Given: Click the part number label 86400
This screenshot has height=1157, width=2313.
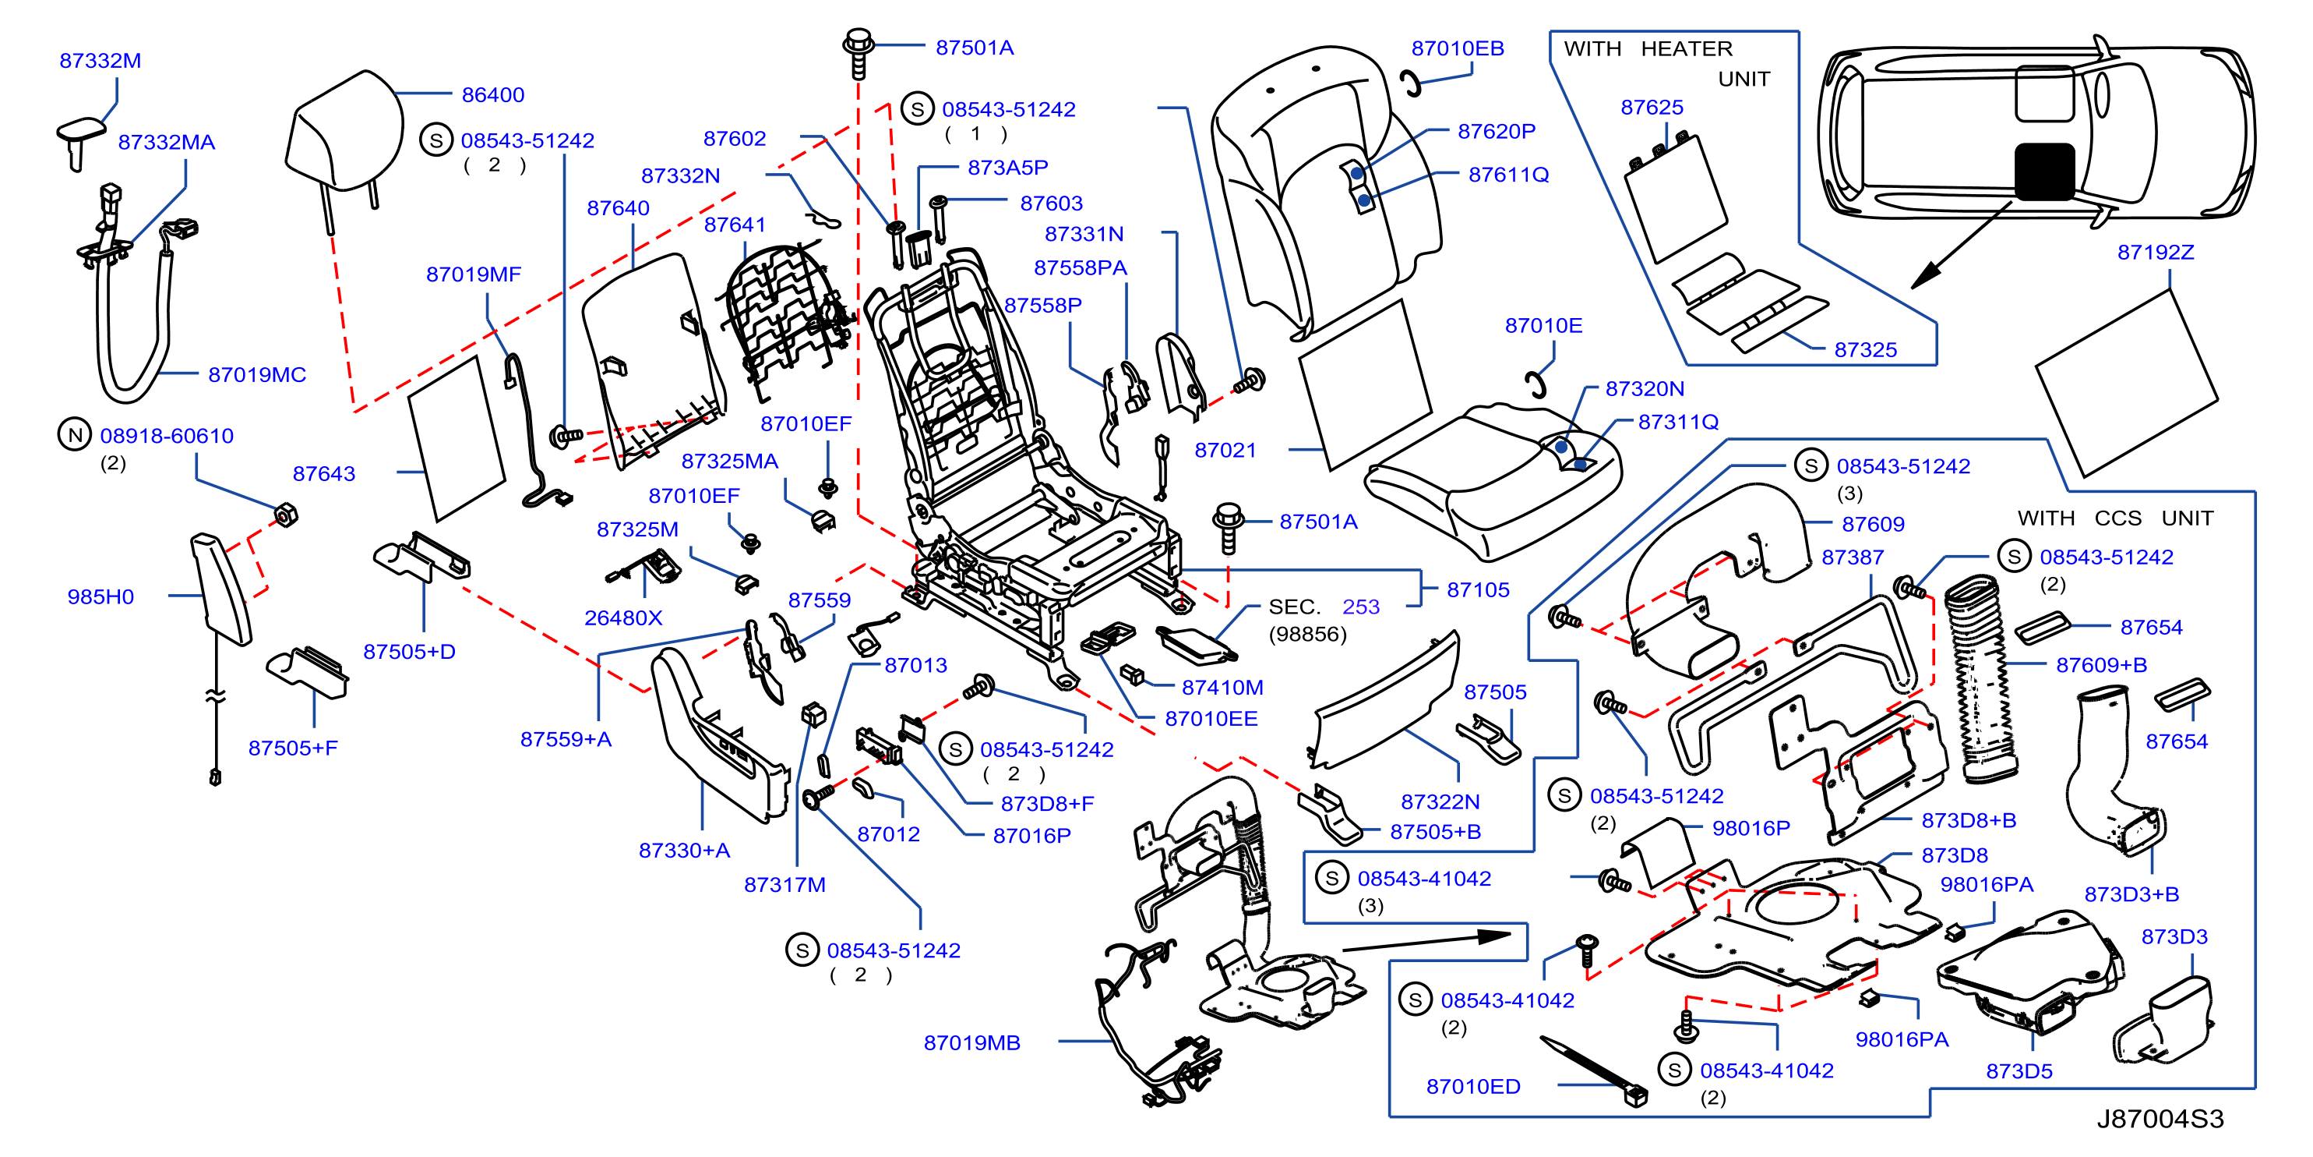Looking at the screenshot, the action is coord(493,94).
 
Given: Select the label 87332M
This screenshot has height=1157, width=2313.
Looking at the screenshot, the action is coord(100,60).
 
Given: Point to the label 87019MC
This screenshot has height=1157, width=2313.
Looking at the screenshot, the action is coord(257,374).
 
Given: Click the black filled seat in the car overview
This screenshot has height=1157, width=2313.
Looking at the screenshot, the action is coord(2044,171).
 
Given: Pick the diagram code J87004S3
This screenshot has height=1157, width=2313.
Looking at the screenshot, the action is coord(2160,1118).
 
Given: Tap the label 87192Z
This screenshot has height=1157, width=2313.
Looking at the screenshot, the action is coord(2155,253).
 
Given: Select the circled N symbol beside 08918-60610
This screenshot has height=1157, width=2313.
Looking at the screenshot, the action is coord(75,435).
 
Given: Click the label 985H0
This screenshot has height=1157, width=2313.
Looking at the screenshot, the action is coord(100,596).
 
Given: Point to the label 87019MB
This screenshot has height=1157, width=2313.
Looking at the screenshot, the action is coord(971,1043).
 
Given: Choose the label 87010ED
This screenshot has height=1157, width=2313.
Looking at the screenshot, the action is coord(1473,1086).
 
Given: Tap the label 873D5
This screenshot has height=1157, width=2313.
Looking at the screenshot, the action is coord(2019,1070).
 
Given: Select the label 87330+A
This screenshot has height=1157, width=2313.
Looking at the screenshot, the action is coord(684,850).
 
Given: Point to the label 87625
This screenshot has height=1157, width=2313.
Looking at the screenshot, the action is coord(1652,107).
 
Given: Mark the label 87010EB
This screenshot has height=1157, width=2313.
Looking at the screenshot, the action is coord(1458,48).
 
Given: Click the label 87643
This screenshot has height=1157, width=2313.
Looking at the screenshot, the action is coord(324,473).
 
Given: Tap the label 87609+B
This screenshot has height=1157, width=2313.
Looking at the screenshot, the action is coord(2101,665).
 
